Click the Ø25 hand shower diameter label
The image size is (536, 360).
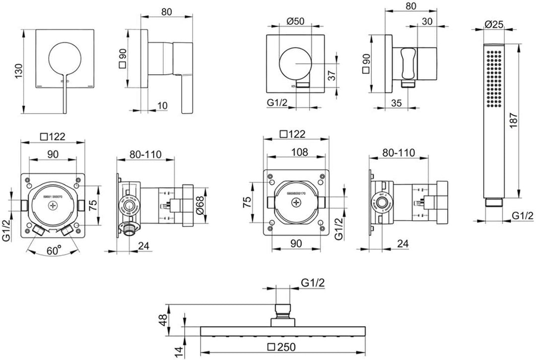tap(494, 23)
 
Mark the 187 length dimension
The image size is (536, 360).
tap(528, 119)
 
